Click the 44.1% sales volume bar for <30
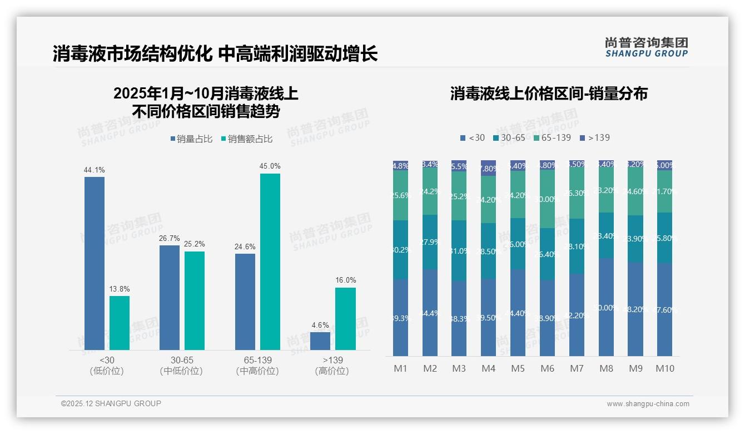click(95, 263)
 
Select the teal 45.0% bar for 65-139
click(270, 262)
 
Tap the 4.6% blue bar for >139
click(320, 341)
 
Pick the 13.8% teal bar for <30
click(120, 323)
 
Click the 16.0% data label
click(345, 280)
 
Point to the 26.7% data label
click(170, 238)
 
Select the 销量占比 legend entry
click(191, 139)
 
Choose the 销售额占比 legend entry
click(247, 139)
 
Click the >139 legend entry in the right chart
click(594, 138)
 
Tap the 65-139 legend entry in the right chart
click(552, 138)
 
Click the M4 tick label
click(488, 368)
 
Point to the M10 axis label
click(665, 368)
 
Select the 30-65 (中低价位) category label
click(181, 366)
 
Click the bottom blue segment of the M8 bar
click(607, 307)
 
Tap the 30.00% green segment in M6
click(547, 199)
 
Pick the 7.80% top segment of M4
click(488, 168)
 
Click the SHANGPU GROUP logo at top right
click(646, 47)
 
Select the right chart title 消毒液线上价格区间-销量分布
click(549, 93)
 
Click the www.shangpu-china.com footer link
click(648, 404)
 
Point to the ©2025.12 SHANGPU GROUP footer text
click(111, 403)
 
